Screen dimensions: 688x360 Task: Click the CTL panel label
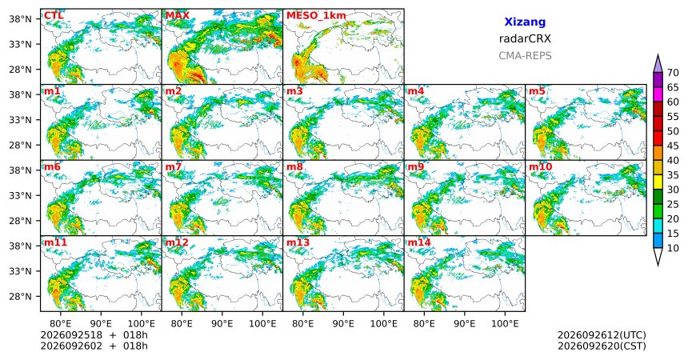[x=54, y=16]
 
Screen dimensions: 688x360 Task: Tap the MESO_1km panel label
[x=316, y=16]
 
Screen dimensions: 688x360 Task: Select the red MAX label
[x=178, y=16]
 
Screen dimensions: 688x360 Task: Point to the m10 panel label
[x=540, y=167]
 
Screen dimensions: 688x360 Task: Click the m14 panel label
[x=419, y=242]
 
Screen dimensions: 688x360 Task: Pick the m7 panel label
[x=174, y=167]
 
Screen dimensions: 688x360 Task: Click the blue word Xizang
[x=525, y=22]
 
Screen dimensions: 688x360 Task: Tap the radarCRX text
[x=525, y=38]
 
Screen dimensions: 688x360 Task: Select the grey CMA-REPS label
[x=525, y=56]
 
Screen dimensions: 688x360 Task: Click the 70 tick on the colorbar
[x=673, y=73]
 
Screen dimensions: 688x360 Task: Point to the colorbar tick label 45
[x=673, y=146]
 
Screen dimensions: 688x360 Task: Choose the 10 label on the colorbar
[x=673, y=248]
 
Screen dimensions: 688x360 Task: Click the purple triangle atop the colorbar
[x=658, y=65]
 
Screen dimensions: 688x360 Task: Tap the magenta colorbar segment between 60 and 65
[x=658, y=94]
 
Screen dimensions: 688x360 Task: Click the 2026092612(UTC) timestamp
[x=602, y=335]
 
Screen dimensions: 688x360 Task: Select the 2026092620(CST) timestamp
[x=602, y=346]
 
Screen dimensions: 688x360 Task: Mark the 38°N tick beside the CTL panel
[x=20, y=19]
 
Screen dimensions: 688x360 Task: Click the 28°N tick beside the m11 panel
[x=20, y=296]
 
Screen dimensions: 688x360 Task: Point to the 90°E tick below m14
[x=465, y=324]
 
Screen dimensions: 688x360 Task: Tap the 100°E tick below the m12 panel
[x=262, y=324]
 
